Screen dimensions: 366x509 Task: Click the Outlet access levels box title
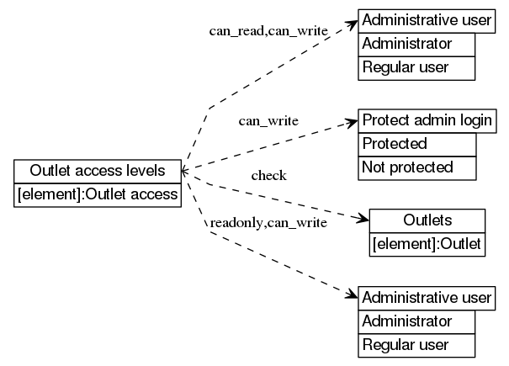[98, 172]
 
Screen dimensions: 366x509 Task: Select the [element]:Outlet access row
[98, 194]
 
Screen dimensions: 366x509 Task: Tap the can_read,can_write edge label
[268, 30]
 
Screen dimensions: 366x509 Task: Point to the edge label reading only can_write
[268, 120]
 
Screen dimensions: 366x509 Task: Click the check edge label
[269, 175]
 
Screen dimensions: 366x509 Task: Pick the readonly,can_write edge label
[268, 223]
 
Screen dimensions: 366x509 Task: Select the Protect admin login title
[427, 120]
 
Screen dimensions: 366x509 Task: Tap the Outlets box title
[427, 220]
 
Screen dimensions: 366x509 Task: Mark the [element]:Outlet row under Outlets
[427, 244]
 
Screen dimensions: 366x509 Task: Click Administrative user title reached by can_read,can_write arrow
[427, 19]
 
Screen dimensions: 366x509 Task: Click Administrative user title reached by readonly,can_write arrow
[427, 297]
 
